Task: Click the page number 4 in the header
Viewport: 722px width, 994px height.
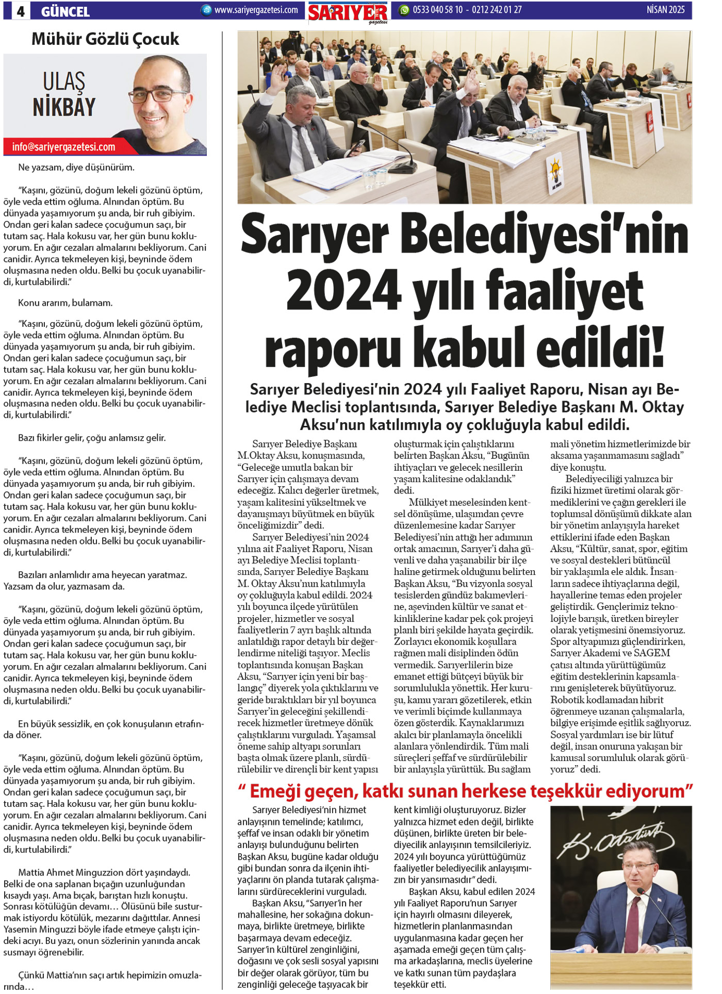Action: (21, 11)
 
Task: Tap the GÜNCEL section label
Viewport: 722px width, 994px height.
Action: (65, 11)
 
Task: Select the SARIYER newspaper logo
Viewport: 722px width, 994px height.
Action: (348, 12)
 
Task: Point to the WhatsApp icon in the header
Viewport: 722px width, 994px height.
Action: (404, 10)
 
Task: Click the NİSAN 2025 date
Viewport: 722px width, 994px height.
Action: (665, 10)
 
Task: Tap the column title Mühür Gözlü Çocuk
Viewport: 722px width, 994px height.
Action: (105, 39)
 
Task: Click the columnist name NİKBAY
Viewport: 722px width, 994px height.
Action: (64, 107)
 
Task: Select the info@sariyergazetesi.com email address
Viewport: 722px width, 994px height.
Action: (63, 147)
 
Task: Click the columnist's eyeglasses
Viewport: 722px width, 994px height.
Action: (157, 95)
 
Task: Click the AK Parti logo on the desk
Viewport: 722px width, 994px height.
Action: (555, 171)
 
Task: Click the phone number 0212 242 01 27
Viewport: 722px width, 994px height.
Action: (497, 10)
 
